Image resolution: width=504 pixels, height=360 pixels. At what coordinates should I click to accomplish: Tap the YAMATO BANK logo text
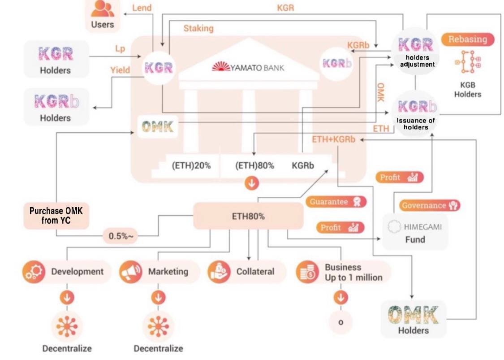[x=248, y=68]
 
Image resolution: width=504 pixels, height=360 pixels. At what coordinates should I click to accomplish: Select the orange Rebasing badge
[x=467, y=39]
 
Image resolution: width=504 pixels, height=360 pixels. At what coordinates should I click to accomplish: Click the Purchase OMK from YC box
[x=56, y=216]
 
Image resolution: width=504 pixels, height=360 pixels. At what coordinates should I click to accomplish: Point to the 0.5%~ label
[x=121, y=236]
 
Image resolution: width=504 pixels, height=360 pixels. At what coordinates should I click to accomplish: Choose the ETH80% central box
[x=248, y=216]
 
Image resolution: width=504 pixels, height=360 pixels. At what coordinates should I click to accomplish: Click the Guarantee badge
[x=336, y=202]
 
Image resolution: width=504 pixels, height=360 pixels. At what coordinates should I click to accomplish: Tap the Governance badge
[x=430, y=206]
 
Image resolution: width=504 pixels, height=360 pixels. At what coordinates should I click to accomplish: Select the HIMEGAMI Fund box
[x=415, y=232]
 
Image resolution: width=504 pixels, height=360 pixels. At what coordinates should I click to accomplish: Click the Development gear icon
[x=34, y=272]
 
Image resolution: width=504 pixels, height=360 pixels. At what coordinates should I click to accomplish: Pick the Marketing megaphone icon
[x=131, y=272]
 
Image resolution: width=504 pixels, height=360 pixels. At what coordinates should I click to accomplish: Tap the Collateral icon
[x=219, y=272]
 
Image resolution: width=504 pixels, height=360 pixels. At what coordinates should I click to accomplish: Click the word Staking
[x=198, y=28]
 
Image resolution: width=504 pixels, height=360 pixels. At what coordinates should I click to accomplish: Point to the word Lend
[x=142, y=8]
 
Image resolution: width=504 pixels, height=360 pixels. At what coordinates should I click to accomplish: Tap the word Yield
[x=120, y=70]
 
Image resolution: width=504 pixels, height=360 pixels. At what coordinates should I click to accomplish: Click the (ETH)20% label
[x=191, y=165]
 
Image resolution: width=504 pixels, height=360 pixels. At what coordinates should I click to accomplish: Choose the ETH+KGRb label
[x=333, y=139]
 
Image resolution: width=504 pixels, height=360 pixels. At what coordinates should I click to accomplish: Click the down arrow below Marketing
[x=157, y=297]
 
